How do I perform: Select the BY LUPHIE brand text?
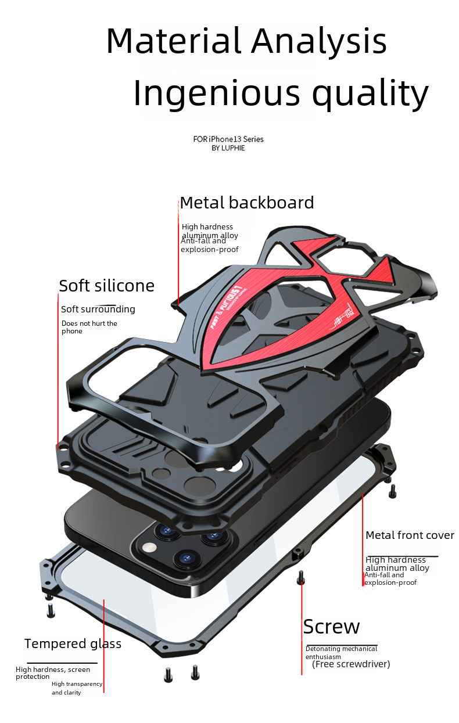click(x=228, y=148)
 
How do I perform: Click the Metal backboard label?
click(x=247, y=203)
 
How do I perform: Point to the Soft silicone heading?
click(x=107, y=286)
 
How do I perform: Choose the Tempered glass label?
click(x=73, y=643)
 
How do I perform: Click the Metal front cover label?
click(x=410, y=535)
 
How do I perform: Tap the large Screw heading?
click(x=331, y=627)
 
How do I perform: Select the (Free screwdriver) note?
click(x=351, y=664)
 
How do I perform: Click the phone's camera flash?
click(x=149, y=547)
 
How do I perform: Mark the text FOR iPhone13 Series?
click(x=228, y=139)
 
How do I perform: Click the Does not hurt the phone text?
click(x=89, y=327)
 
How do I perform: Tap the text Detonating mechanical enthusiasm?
click(x=341, y=652)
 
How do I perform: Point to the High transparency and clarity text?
click(x=77, y=688)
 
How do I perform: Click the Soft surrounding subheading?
click(x=98, y=309)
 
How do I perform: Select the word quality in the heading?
click(x=370, y=93)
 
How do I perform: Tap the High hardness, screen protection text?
click(x=53, y=673)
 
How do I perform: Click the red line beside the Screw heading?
click(x=302, y=633)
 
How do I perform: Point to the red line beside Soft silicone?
click(x=58, y=377)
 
